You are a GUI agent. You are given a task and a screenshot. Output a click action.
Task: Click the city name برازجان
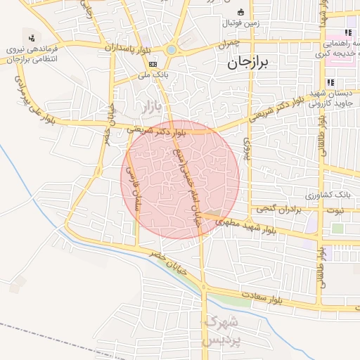click(249, 63)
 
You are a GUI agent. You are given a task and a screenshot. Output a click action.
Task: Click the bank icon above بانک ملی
click(153, 63)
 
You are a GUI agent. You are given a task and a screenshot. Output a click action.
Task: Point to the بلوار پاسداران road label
click(131, 51)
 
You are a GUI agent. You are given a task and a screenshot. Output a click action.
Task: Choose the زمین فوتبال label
click(240, 22)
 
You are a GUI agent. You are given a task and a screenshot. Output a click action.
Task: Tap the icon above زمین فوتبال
click(240, 12)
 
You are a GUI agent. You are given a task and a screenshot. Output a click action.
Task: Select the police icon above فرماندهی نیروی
click(31, 37)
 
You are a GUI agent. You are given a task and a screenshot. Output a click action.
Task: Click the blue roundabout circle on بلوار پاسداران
click(172, 50)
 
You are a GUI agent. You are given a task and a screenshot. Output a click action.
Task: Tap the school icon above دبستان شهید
click(330, 83)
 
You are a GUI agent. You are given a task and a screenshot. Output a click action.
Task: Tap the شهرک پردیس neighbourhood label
click(220, 331)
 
